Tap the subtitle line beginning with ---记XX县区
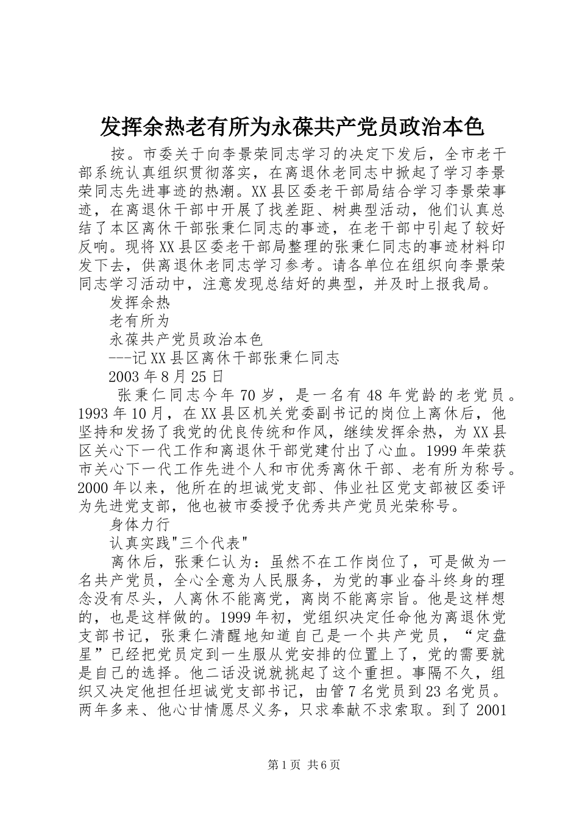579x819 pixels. coord(224,358)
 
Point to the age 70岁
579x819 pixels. coord(262,395)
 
